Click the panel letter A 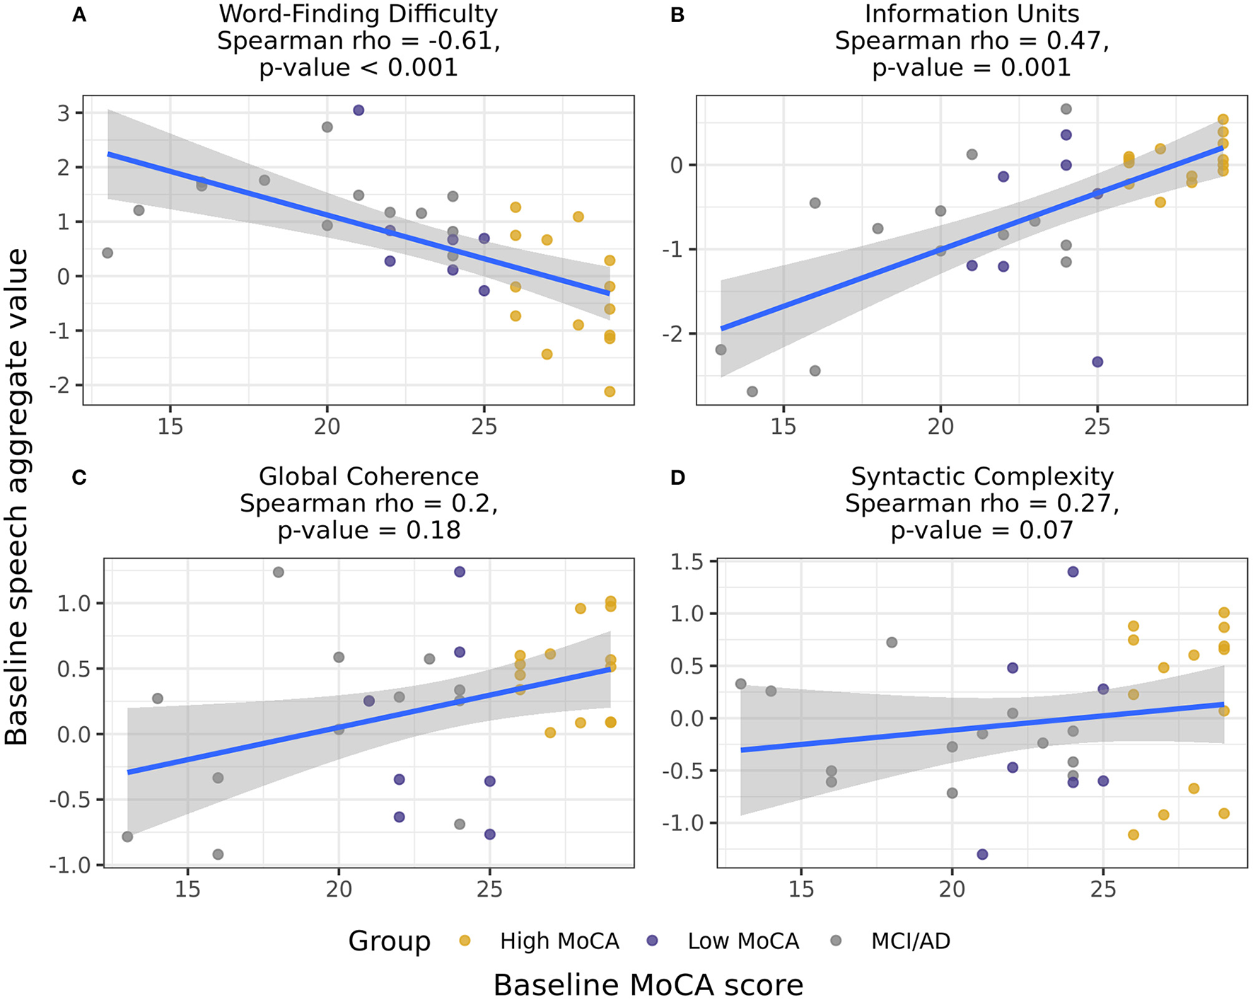[x=79, y=15]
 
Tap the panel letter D [x=677, y=478]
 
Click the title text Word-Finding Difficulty [x=359, y=13]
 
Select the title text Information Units [x=972, y=13]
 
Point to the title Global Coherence [x=368, y=476]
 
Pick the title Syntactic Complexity [x=982, y=476]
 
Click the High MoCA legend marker [x=465, y=941]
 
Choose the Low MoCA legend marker [x=653, y=941]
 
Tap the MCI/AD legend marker [x=836, y=941]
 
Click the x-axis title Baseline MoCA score [x=648, y=984]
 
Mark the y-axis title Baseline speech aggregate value [x=17, y=496]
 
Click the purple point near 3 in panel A [x=359, y=110]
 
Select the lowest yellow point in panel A [x=610, y=391]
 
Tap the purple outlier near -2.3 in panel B [x=1097, y=362]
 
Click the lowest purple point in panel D [x=982, y=854]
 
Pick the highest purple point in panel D [x=1073, y=572]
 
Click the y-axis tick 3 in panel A [x=64, y=113]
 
